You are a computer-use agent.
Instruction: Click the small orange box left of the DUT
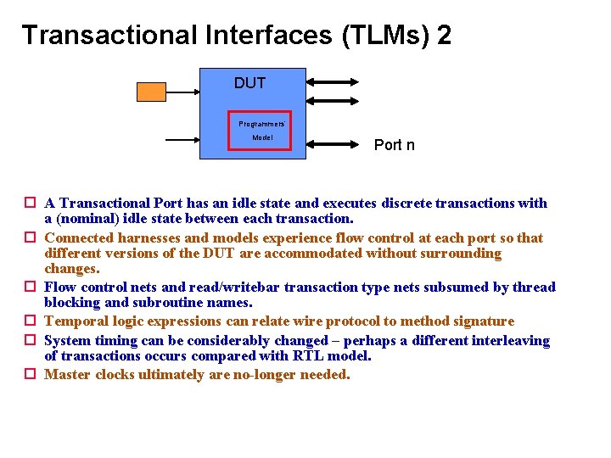point(152,91)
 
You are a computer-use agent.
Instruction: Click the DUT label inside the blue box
point(249,83)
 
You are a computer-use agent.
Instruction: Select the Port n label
point(395,145)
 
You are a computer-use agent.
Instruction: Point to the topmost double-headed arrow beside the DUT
point(333,82)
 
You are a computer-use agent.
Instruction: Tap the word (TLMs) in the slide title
point(371,35)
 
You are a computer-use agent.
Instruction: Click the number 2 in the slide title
point(444,35)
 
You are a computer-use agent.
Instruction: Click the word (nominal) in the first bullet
point(87,219)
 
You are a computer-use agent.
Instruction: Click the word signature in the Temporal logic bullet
point(482,321)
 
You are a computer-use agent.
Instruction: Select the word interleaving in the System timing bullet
point(507,341)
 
